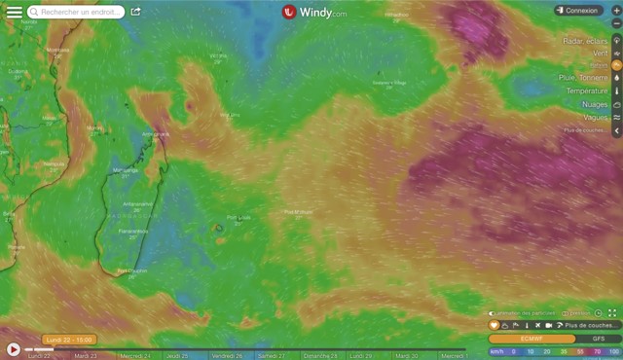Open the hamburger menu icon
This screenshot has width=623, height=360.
pos(14,11)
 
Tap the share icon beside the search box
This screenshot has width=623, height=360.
pos(135,12)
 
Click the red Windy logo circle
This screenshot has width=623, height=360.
pos(289,12)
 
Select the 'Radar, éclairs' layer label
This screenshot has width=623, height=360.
pos(585,41)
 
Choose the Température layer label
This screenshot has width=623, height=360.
pos(587,90)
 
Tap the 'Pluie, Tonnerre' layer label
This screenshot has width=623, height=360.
pos(584,77)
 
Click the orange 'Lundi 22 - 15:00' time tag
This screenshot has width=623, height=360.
pos(69,340)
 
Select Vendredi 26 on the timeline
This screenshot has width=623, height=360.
pos(227,356)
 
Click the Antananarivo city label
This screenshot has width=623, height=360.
pos(137,204)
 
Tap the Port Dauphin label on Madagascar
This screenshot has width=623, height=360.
pos(131,270)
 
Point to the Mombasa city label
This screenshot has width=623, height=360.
pos(58,51)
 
